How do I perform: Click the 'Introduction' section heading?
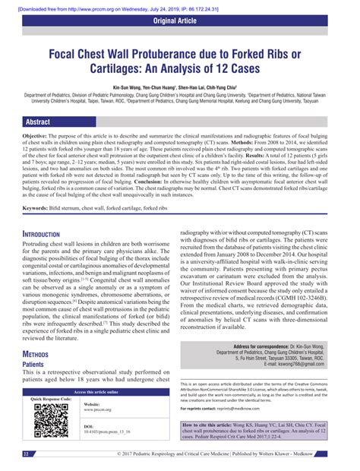coord(47,235)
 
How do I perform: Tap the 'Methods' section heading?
coord(36,354)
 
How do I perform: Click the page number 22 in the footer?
coord(26,454)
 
